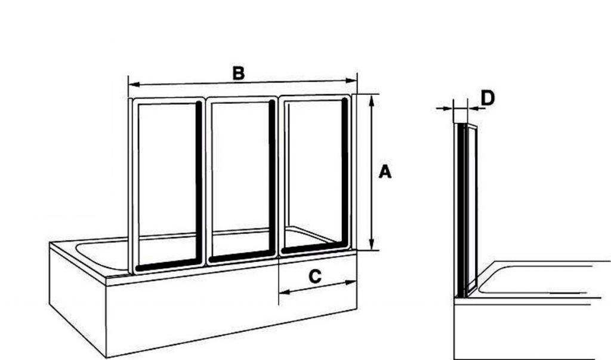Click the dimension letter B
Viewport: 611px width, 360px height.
(239, 73)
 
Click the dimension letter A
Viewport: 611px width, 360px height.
(385, 172)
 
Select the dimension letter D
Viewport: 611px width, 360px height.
(487, 98)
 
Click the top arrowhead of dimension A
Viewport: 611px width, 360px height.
(372, 98)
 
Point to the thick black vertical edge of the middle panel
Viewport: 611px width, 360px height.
(272, 179)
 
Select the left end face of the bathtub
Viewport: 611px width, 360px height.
(78, 299)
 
